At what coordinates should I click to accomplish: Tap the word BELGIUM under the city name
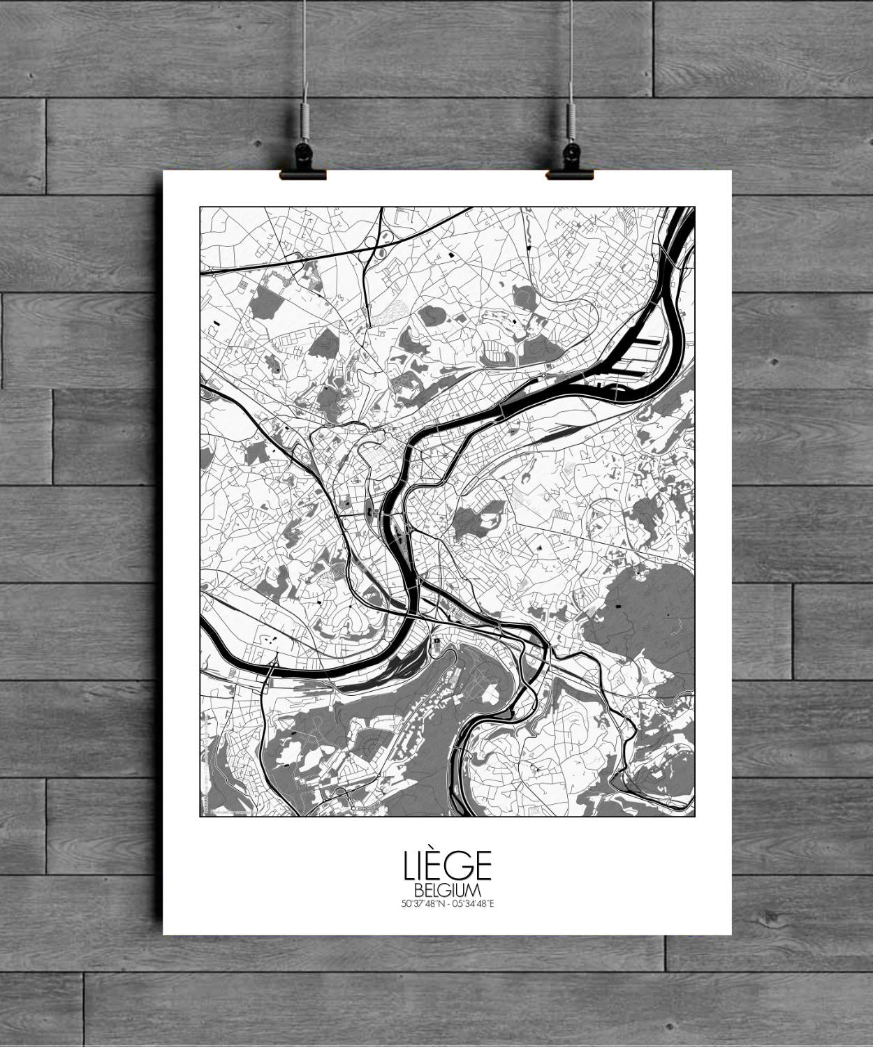[x=447, y=891]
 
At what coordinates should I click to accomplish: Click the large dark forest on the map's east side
[x=643, y=614]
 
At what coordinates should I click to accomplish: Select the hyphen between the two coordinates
[x=448, y=903]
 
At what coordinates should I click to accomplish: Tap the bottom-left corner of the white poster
[x=164, y=934]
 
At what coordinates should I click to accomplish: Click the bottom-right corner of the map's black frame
[x=695, y=815]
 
